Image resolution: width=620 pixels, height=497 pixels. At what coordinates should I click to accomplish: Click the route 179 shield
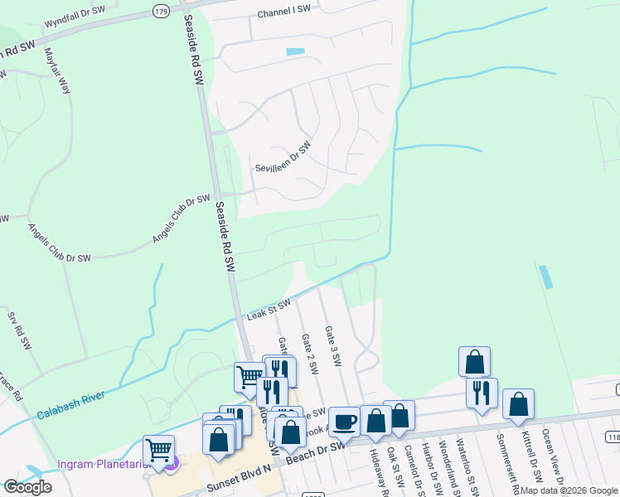click(161, 10)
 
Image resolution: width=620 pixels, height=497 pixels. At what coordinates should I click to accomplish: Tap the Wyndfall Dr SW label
click(75, 13)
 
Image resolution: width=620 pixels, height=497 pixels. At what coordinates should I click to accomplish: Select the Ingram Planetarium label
click(101, 463)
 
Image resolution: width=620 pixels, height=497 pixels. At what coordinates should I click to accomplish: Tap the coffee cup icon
click(344, 422)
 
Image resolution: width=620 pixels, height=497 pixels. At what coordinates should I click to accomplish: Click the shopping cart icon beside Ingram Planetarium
click(158, 451)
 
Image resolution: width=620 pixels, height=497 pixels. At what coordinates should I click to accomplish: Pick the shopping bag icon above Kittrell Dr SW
click(518, 403)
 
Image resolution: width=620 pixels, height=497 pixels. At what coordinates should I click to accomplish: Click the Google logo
click(27, 487)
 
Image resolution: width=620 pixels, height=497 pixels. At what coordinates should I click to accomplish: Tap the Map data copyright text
click(569, 490)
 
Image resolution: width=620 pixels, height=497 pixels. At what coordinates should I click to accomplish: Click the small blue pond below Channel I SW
click(295, 52)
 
